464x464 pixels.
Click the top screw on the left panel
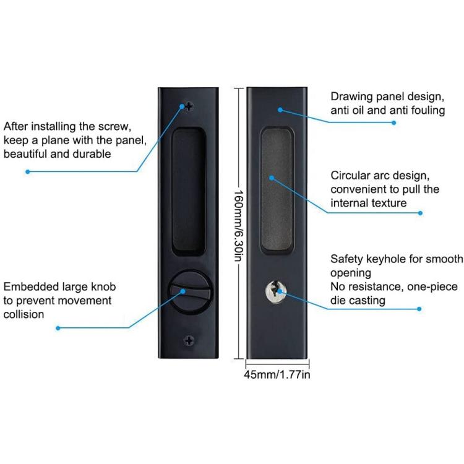[189, 106]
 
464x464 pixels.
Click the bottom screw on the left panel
[189, 340]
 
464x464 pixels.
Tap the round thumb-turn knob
[191, 291]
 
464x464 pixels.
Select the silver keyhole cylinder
[276, 291]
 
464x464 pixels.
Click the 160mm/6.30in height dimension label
[239, 226]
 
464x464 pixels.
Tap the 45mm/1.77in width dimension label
[277, 375]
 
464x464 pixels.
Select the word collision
[24, 314]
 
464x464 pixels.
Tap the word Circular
[350, 176]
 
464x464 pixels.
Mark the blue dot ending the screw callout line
[27, 171]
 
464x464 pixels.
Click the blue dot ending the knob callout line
[58, 328]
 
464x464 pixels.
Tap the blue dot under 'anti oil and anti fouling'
[393, 122]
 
